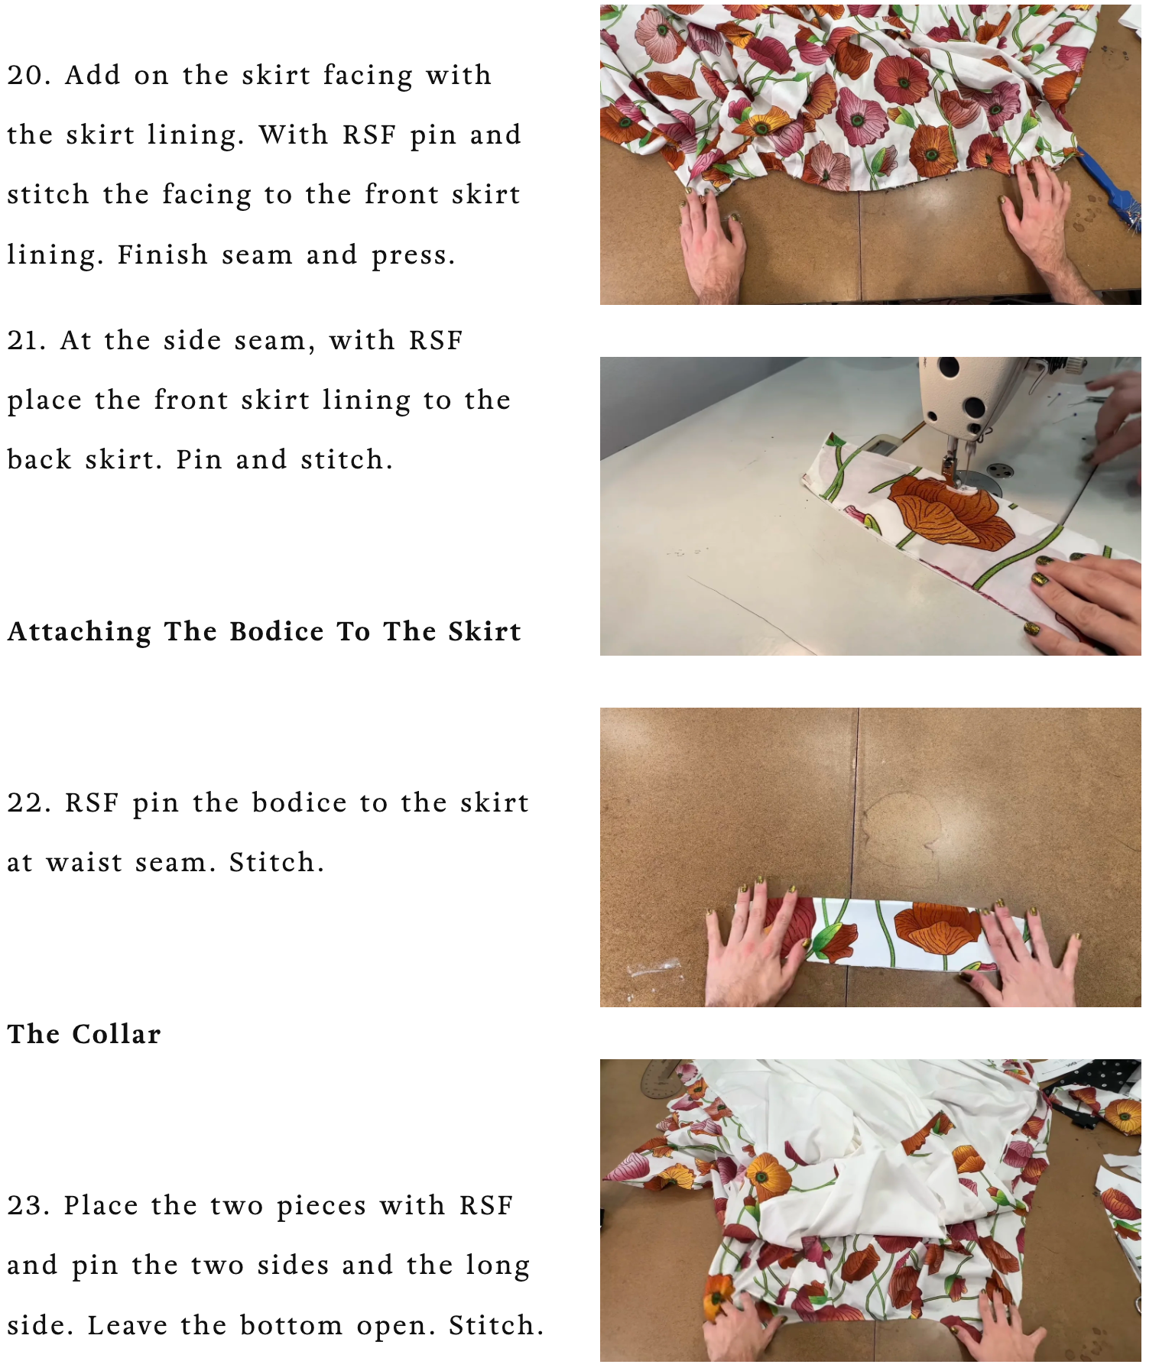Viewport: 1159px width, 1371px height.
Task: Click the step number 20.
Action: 29,75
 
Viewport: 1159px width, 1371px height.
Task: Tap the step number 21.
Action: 28,340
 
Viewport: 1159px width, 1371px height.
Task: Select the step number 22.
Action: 29,802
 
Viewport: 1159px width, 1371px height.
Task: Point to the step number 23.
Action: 29,1205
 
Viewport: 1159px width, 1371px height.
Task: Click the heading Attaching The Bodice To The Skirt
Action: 265,632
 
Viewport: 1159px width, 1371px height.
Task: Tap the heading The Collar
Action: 84,1034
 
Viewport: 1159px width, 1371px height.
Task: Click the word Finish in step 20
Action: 162,254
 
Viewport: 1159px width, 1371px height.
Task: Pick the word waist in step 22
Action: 84,862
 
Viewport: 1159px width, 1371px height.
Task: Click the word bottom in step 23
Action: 291,1325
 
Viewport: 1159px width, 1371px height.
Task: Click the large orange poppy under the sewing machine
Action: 948,510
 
